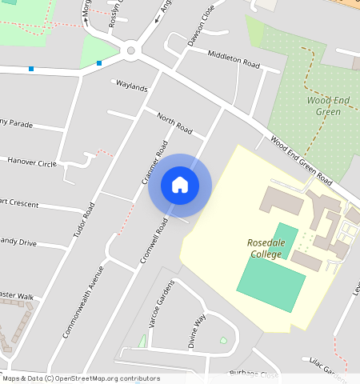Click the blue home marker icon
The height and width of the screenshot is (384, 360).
click(x=180, y=185)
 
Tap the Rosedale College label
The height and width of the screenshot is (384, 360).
click(x=264, y=249)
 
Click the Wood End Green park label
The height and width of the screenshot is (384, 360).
click(x=324, y=106)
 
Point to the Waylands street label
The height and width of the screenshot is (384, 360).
click(x=132, y=86)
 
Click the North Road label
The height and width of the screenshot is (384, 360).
click(x=174, y=124)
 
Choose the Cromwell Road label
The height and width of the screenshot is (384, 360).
click(x=153, y=239)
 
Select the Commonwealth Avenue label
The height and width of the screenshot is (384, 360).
click(x=83, y=301)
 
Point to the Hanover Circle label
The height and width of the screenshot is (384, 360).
click(x=32, y=162)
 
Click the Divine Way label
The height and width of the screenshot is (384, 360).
click(x=196, y=330)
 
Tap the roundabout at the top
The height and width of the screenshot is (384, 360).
click(x=131, y=51)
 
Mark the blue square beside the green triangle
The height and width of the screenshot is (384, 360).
click(x=99, y=62)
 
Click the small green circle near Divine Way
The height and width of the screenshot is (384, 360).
click(x=223, y=342)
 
